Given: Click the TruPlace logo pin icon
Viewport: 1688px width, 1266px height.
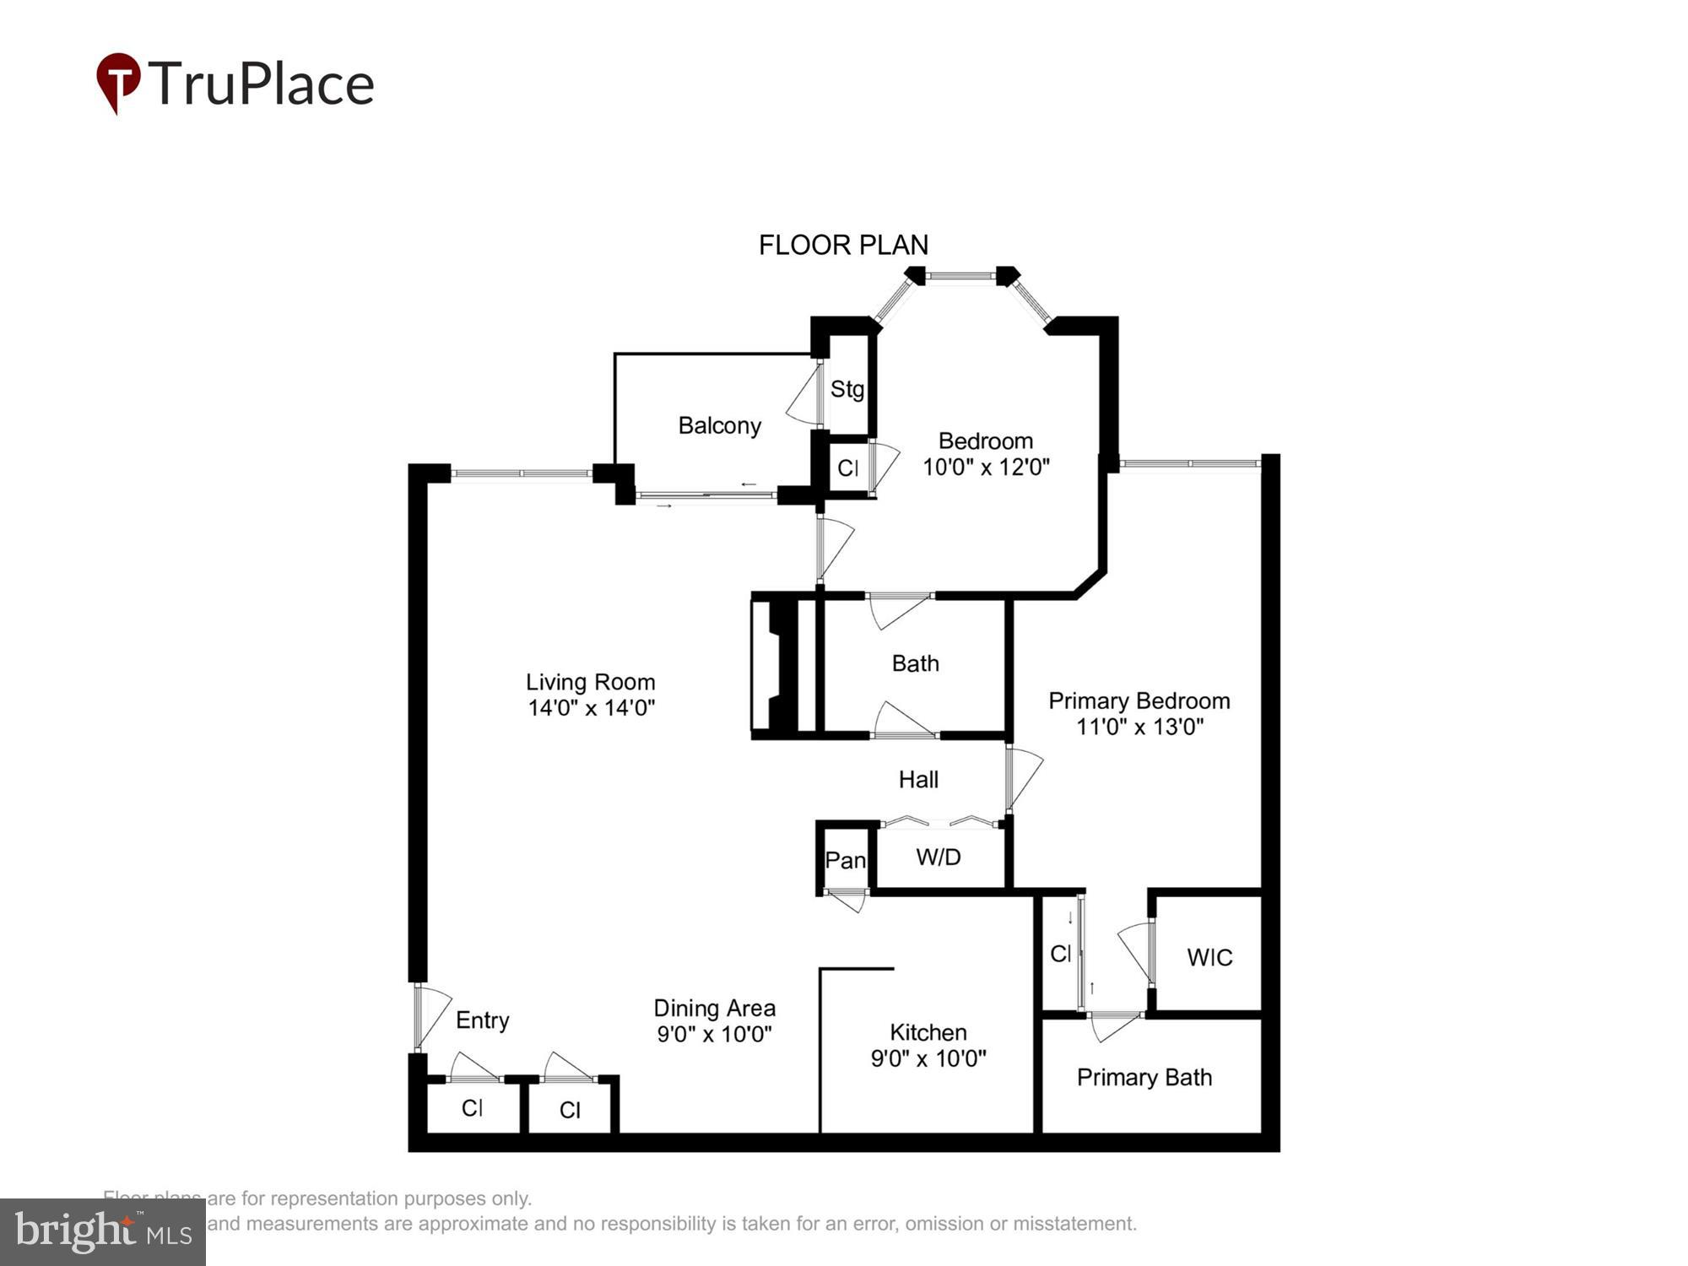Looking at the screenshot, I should pyautogui.click(x=118, y=82).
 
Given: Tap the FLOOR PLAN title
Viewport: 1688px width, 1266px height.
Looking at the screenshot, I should pyautogui.click(x=843, y=246).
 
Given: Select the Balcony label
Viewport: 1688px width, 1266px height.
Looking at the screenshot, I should pyautogui.click(x=719, y=425).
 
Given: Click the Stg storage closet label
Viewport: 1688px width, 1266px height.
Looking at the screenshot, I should pyautogui.click(x=847, y=389).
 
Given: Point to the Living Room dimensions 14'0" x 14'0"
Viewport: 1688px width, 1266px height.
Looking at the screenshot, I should pyautogui.click(x=591, y=708).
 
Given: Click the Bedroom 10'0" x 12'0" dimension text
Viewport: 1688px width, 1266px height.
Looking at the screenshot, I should pyautogui.click(x=985, y=467).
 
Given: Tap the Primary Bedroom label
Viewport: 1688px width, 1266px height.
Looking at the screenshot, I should pyautogui.click(x=1139, y=701).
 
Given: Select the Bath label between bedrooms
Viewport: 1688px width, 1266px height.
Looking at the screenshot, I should pyautogui.click(x=915, y=663).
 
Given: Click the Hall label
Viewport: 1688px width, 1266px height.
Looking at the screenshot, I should pyautogui.click(x=918, y=779).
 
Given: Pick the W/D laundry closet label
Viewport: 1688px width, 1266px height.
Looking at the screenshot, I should pyautogui.click(x=938, y=858).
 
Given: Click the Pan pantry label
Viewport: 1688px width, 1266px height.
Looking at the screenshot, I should pyautogui.click(x=845, y=860).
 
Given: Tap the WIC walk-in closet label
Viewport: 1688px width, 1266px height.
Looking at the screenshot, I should pyautogui.click(x=1209, y=957).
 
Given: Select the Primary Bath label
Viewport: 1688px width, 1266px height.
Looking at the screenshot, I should pyautogui.click(x=1144, y=1078).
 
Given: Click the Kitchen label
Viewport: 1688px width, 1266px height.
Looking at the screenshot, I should pyautogui.click(x=928, y=1032).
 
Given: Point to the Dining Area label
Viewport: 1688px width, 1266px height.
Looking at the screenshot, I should pyautogui.click(x=714, y=1008).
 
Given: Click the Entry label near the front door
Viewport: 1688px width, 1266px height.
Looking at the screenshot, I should pyautogui.click(x=482, y=1020).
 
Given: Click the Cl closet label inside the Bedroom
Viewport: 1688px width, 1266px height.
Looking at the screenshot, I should pyautogui.click(x=847, y=468).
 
